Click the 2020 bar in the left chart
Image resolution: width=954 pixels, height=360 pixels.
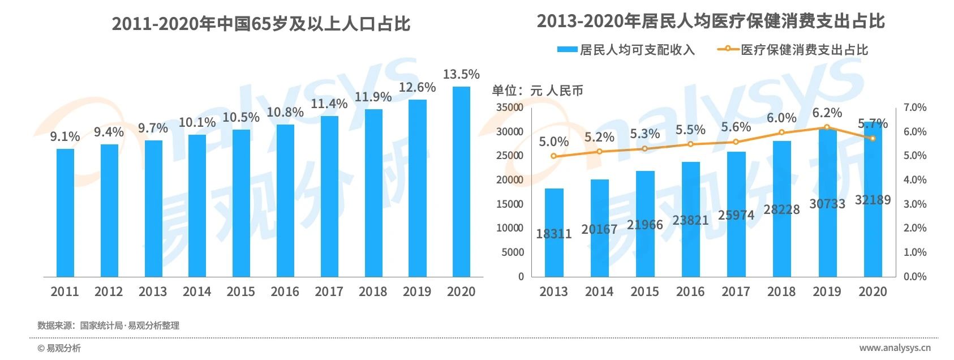point(461,181)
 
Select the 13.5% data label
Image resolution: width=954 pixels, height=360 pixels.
point(461,74)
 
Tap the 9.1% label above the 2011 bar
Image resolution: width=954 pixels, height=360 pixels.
point(65,136)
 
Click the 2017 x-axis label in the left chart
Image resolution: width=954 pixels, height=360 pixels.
point(329,292)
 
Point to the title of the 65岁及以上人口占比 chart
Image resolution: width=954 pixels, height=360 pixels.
point(261,24)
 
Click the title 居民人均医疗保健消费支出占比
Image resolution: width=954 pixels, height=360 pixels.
point(711,22)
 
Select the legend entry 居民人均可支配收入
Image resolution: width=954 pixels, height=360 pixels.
point(626,50)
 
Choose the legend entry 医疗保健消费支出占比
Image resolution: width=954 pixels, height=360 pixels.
point(792,50)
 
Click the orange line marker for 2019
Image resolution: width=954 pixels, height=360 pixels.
point(827,128)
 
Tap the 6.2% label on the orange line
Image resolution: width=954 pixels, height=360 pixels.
point(827,113)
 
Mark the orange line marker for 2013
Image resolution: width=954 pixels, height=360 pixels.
point(553,156)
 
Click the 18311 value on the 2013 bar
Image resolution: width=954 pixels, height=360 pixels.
point(554,233)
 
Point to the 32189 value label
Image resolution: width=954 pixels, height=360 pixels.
point(873,200)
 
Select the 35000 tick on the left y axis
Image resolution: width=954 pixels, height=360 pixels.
point(509,107)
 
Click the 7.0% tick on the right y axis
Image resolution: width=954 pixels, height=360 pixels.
point(915,107)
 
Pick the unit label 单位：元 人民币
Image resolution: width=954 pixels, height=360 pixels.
point(537,91)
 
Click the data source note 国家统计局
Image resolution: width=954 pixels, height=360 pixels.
point(101,325)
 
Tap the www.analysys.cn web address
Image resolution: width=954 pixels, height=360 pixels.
point(895,348)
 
